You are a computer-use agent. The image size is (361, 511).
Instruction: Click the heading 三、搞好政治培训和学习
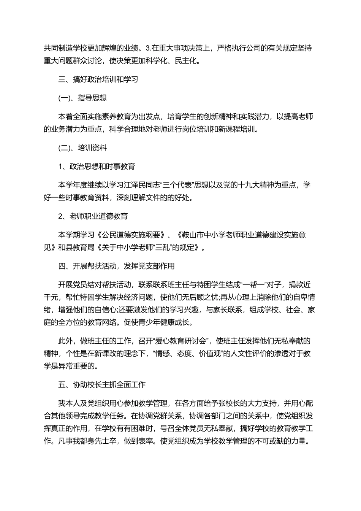98,79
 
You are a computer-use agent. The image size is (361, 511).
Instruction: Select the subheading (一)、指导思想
82,98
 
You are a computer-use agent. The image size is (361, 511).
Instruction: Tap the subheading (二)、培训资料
82,148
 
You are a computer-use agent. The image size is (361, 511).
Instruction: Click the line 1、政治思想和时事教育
97,167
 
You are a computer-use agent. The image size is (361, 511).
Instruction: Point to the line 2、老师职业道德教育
93,216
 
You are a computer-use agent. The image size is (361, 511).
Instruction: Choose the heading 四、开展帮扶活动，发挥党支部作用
117,266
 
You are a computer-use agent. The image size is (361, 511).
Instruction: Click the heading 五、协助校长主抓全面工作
102,384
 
